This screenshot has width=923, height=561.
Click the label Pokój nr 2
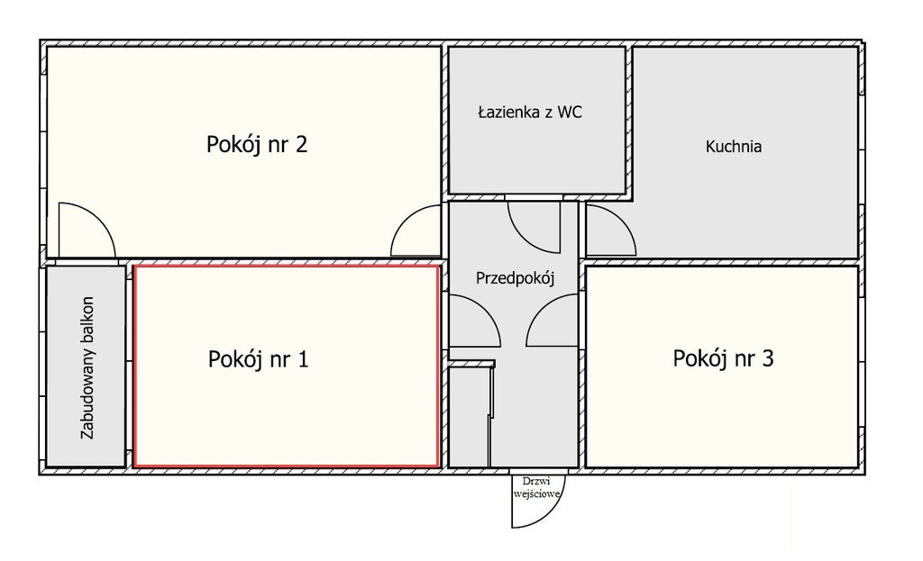257,144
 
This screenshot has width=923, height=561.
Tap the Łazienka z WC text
530,112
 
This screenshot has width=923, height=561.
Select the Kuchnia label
734,146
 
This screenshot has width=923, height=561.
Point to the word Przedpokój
515,278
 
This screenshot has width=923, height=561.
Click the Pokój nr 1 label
258,358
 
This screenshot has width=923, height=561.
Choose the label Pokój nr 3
723,358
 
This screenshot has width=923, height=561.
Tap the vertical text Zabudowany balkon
87,367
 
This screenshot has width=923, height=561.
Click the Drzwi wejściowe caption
536,487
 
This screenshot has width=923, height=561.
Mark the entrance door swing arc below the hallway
551,512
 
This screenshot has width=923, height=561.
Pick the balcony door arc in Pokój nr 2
100,216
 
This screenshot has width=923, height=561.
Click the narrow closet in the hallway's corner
469,415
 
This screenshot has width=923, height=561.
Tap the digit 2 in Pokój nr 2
301,144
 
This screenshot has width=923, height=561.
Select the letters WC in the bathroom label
570,112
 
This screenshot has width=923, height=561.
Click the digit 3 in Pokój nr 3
768,358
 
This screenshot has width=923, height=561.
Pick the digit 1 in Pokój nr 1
303,358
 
